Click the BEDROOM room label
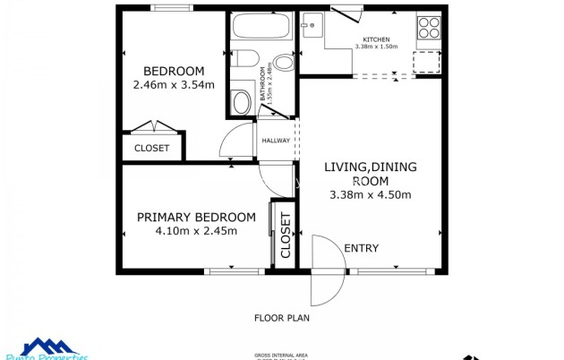pyautogui.click(x=174, y=72)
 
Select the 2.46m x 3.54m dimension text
pyautogui.click(x=174, y=85)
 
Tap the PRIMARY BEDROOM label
pyautogui.click(x=195, y=217)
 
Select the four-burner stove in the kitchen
pyautogui.click(x=429, y=27)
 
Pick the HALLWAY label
pyautogui.click(x=275, y=141)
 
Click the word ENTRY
pyautogui.click(x=361, y=248)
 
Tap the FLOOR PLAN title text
pyautogui.click(x=282, y=317)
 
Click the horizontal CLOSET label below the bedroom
pyautogui.click(x=151, y=148)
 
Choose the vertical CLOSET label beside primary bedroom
pyautogui.click(x=286, y=235)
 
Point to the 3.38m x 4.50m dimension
pyautogui.click(x=371, y=195)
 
